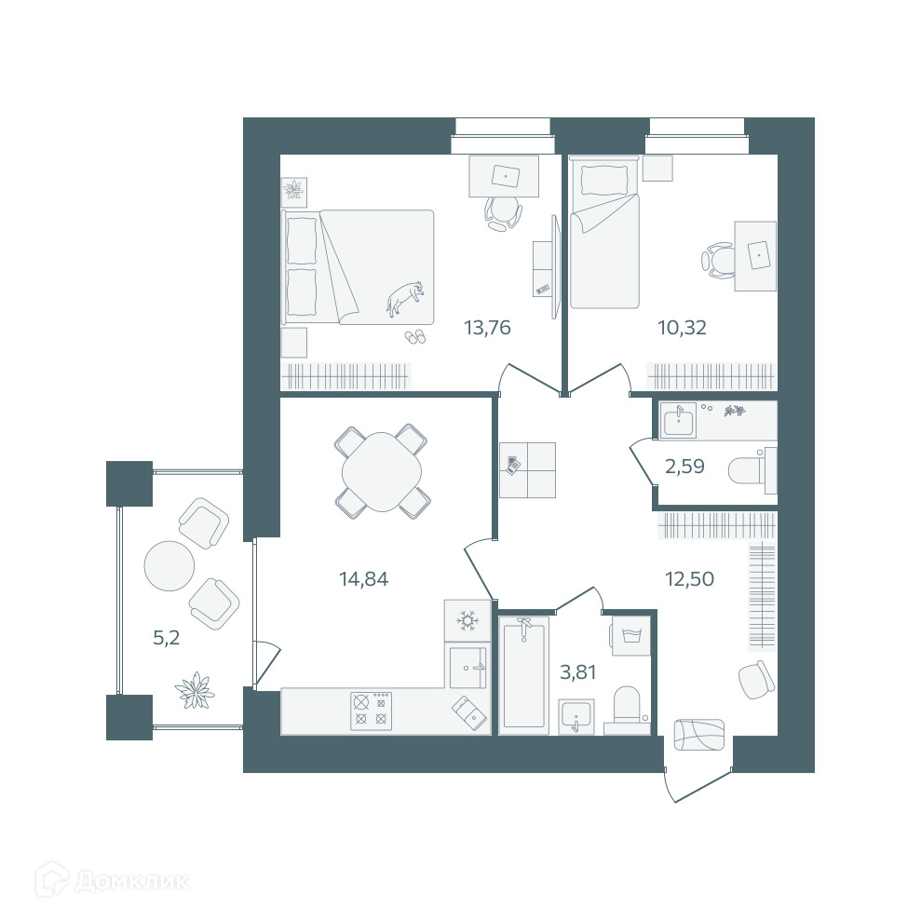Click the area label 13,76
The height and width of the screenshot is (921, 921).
click(x=487, y=327)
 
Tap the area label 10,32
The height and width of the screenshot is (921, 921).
click(x=682, y=327)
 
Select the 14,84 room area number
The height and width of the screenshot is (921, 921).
click(x=363, y=579)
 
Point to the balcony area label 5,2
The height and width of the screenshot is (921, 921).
click(x=166, y=637)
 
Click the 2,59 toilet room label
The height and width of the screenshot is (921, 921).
click(x=684, y=467)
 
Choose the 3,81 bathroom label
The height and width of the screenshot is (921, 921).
click(x=578, y=672)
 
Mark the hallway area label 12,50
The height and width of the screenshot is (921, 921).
click(x=689, y=579)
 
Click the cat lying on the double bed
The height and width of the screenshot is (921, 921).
click(x=405, y=297)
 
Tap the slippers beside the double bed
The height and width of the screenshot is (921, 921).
click(x=414, y=336)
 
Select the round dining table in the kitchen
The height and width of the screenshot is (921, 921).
click(x=382, y=472)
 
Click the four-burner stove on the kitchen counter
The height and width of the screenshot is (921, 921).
click(x=372, y=711)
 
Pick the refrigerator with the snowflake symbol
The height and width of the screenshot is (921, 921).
click(x=467, y=620)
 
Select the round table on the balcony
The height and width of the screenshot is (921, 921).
click(x=169, y=565)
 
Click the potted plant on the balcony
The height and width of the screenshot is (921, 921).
click(x=195, y=690)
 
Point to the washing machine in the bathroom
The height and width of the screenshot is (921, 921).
click(x=630, y=635)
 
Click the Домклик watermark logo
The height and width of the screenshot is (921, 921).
click(x=112, y=880)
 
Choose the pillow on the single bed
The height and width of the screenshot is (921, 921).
click(x=603, y=180)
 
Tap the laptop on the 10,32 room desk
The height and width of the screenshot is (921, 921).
click(x=760, y=255)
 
